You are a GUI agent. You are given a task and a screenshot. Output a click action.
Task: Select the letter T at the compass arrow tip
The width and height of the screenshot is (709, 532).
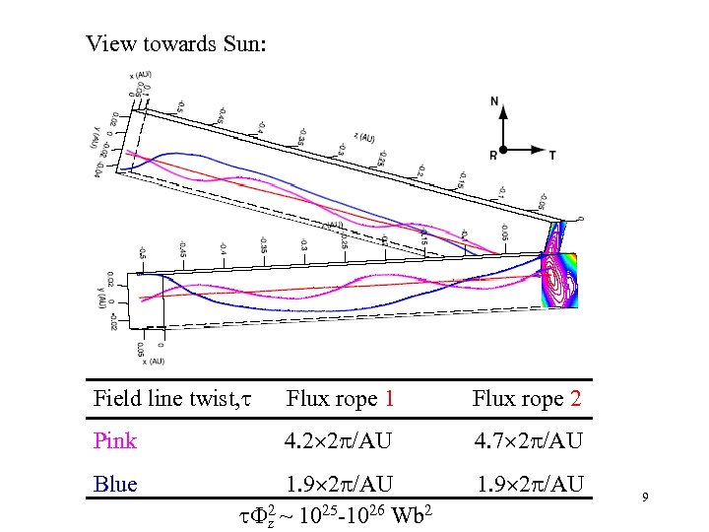(551, 155)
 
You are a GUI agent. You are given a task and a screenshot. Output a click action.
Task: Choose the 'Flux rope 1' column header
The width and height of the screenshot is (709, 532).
(341, 399)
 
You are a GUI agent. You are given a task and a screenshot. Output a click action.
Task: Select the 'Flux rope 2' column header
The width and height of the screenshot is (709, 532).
(527, 399)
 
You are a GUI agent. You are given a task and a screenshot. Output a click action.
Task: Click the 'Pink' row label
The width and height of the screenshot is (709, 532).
(115, 440)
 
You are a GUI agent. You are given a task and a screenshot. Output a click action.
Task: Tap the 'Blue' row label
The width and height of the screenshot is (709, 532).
(114, 484)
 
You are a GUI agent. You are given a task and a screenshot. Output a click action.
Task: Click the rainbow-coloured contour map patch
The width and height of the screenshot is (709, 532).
(558, 280)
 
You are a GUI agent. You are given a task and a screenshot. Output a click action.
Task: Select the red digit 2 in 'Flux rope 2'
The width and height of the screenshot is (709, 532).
(575, 399)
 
